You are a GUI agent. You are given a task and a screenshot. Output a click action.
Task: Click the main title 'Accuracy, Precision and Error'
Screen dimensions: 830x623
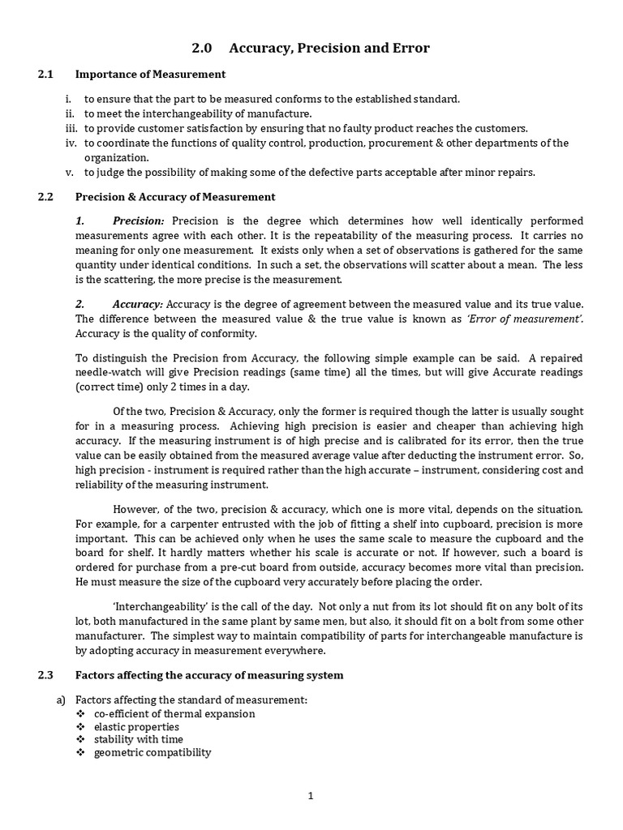[x=329, y=49]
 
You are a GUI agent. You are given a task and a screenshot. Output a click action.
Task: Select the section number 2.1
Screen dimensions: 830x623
[x=45, y=75]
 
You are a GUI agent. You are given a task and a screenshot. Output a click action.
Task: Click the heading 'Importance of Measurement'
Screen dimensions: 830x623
[x=150, y=75]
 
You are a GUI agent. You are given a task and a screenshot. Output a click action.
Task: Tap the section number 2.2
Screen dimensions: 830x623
[x=45, y=197]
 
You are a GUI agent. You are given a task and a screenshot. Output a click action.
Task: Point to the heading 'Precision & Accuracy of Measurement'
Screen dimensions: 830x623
[x=175, y=197]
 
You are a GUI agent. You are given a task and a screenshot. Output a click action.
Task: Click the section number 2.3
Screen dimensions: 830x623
[x=45, y=675]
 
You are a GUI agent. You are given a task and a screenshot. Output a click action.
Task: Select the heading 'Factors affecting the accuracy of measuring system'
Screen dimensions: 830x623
[x=209, y=675]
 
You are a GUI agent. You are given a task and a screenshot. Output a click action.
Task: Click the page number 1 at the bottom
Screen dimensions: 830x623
[x=311, y=796]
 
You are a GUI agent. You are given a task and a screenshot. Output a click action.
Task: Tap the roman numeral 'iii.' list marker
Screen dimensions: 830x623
[x=71, y=128]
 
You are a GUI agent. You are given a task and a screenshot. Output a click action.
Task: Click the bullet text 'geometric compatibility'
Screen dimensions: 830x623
[x=153, y=752]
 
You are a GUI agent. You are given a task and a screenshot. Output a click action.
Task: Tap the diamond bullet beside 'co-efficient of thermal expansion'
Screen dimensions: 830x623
[x=79, y=714]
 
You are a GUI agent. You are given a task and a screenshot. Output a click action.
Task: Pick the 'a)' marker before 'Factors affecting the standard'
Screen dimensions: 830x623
[x=60, y=700]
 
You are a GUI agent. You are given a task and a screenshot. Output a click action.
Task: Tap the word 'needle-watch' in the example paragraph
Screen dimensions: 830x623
[x=105, y=372]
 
